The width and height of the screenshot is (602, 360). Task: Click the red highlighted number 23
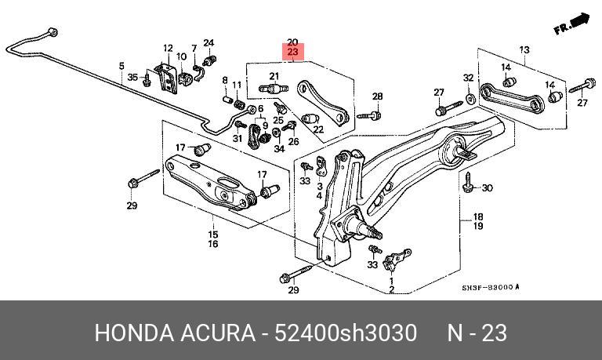pyautogui.click(x=292, y=53)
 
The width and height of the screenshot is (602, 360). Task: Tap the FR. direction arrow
pyautogui.click(x=570, y=25)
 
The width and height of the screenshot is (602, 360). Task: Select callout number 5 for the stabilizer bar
pyautogui.click(x=121, y=66)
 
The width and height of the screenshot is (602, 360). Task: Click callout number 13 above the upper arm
pyautogui.click(x=524, y=50)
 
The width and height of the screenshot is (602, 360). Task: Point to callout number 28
pyautogui.click(x=377, y=96)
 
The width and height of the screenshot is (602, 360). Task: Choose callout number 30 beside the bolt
pyautogui.click(x=487, y=188)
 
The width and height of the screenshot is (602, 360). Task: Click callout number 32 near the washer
pyautogui.click(x=469, y=78)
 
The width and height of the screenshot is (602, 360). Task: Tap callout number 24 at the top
pyautogui.click(x=209, y=42)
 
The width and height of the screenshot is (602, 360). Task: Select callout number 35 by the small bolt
pyautogui.click(x=133, y=77)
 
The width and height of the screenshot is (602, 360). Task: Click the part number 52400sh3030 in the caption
pyautogui.click(x=346, y=333)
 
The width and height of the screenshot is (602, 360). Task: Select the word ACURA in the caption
pyautogui.click(x=212, y=333)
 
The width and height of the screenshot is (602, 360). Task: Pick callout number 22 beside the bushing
pyautogui.click(x=320, y=129)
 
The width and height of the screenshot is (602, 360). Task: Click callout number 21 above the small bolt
pyautogui.click(x=274, y=76)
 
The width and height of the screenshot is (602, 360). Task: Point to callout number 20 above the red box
pyautogui.click(x=292, y=42)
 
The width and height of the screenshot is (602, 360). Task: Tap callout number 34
pyautogui.click(x=279, y=148)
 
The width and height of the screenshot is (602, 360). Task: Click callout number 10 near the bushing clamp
pyautogui.click(x=182, y=56)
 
